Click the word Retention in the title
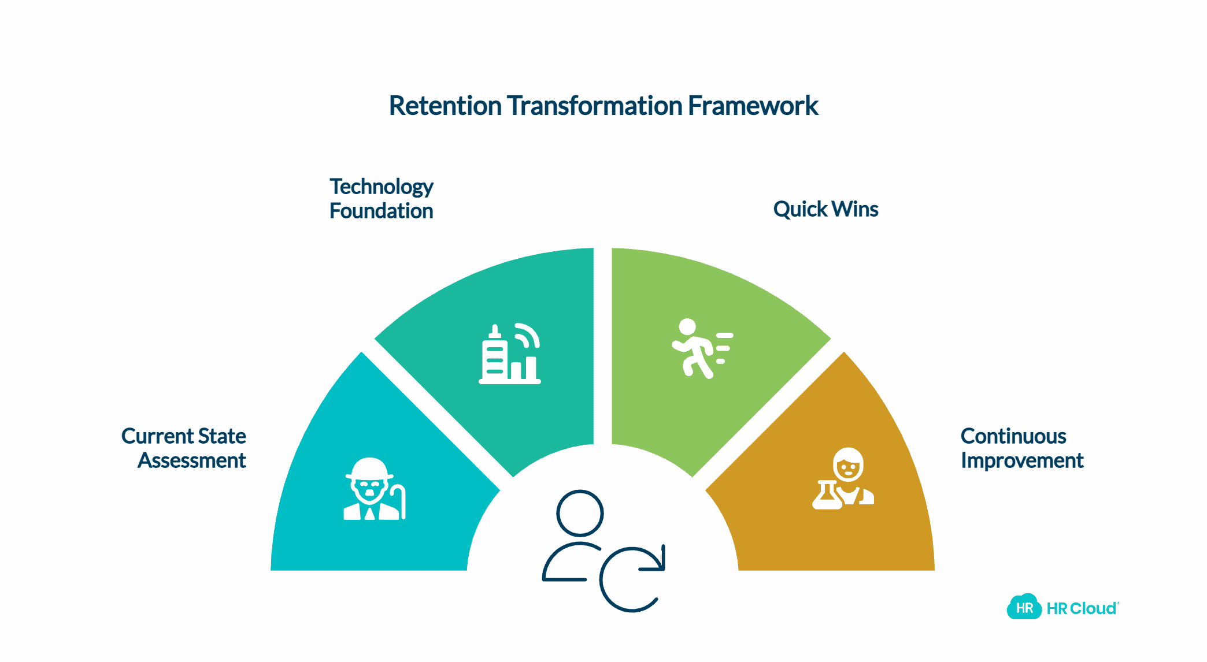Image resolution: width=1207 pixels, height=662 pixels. tap(445, 106)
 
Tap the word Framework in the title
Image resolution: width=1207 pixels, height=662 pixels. tap(753, 106)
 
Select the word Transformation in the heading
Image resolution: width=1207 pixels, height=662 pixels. tap(595, 106)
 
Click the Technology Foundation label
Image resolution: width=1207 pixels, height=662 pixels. tap(381, 199)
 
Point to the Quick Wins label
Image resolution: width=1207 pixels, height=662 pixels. tap(825, 209)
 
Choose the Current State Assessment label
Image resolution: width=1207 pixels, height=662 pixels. tap(184, 448)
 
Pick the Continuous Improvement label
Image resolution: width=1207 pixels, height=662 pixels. tap(1021, 448)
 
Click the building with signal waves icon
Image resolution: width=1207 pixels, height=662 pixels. tap(510, 354)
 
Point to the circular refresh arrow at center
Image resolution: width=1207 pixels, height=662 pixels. tap(632, 578)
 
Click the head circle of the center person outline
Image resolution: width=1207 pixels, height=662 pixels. tap(580, 513)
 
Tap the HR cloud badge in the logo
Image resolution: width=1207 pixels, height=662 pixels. tap(1024, 607)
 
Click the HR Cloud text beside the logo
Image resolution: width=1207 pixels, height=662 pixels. tap(1082, 608)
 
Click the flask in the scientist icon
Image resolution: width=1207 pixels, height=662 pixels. tap(827, 495)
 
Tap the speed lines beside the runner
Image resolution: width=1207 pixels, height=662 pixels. tap(724, 348)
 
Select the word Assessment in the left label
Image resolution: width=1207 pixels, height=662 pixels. tap(192, 461)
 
